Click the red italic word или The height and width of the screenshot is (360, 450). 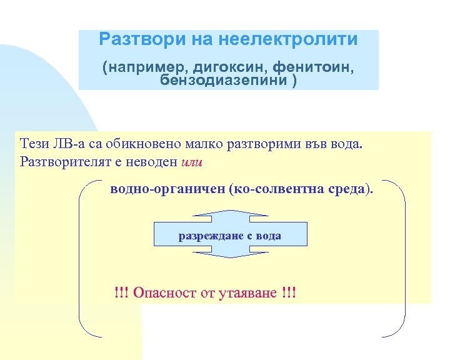point(191,162)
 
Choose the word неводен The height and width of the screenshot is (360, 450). point(154,162)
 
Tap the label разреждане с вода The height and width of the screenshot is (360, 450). point(230,236)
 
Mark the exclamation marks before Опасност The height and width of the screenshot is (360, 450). point(121,292)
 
